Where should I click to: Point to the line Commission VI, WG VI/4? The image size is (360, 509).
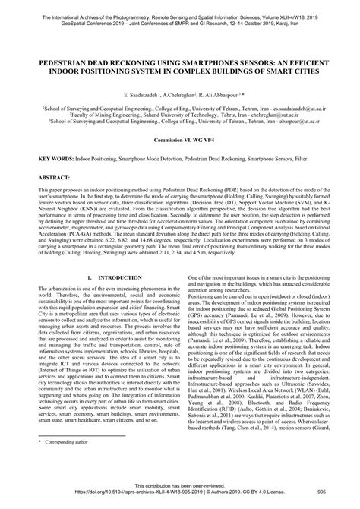[x=180, y=141]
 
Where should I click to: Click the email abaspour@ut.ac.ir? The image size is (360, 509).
[x=298, y=119]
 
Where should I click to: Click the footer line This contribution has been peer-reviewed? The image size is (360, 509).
[x=180, y=495]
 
